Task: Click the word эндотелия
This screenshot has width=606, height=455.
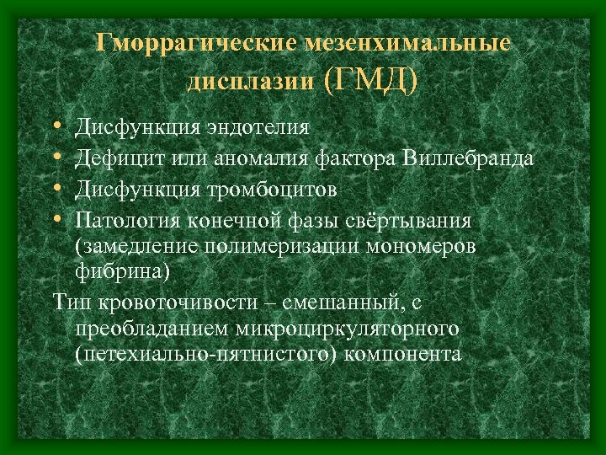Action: (254, 128)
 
